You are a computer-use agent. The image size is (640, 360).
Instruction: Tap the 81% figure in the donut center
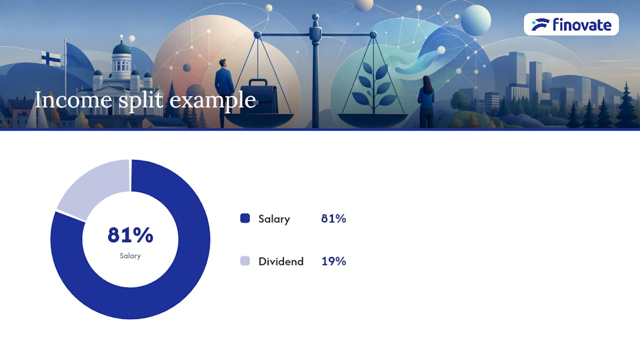(130, 235)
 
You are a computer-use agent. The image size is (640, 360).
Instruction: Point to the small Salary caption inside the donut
(130, 256)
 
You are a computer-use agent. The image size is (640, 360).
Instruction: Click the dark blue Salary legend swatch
(245, 218)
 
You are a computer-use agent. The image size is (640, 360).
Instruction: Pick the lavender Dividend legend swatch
(245, 260)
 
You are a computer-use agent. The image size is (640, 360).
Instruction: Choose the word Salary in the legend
(274, 219)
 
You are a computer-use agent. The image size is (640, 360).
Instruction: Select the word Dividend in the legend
(281, 261)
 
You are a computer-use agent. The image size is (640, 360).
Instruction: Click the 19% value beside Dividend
(333, 261)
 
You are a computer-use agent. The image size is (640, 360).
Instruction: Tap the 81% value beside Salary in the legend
(333, 218)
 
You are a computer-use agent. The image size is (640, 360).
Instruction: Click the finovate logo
(571, 24)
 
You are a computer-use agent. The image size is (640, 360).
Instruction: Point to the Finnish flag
(51, 58)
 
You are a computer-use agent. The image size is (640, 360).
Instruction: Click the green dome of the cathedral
(121, 48)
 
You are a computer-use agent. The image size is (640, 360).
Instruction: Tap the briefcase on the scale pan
(258, 97)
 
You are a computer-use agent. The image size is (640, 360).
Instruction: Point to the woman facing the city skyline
(426, 101)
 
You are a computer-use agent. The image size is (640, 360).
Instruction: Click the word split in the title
(141, 100)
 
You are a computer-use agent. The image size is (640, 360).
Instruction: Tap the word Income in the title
(73, 100)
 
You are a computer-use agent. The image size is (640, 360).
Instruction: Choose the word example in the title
(213, 101)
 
